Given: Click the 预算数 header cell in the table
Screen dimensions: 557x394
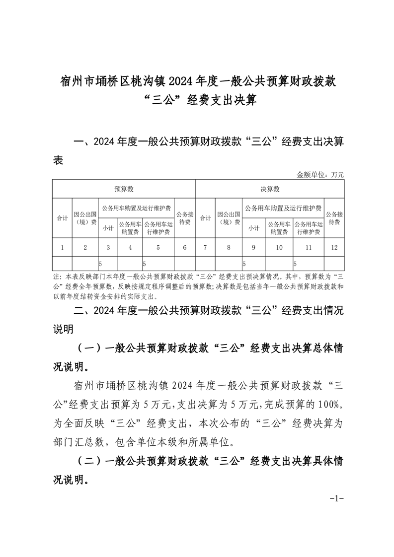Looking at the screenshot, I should click(124, 189).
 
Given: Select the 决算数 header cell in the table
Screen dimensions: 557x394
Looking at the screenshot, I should click(270, 189).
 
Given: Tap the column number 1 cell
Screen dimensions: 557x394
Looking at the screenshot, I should click(62, 247).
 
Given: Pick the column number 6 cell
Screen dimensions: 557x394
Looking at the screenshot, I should click(184, 247).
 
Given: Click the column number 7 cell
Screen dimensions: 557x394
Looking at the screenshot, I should click(205, 247).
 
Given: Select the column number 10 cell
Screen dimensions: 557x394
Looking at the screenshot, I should click(279, 247).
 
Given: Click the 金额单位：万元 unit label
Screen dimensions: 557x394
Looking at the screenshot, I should click(320, 174).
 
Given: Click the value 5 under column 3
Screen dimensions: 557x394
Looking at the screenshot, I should click(101, 263).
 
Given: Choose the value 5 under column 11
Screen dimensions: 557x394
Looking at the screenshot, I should click(295, 263).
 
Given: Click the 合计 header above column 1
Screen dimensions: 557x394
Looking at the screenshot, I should click(62, 218).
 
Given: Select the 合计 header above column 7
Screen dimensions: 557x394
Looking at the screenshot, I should click(205, 218).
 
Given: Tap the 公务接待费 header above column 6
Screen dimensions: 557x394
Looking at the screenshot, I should click(184, 218).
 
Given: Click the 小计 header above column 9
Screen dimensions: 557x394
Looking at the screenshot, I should click(254, 228).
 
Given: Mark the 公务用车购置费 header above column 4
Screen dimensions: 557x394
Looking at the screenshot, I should click(130, 228).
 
